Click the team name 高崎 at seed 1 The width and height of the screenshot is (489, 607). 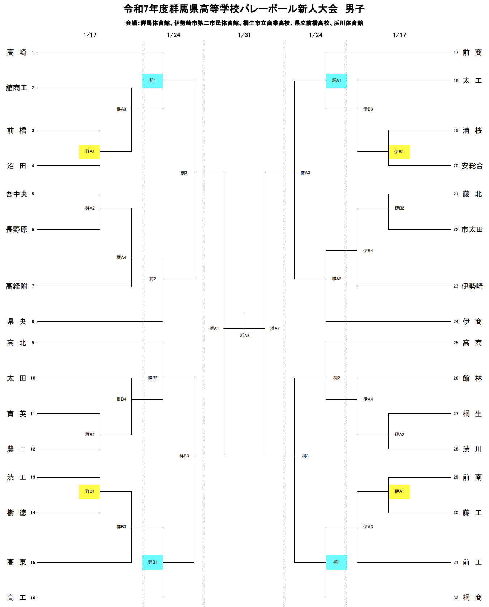coord(17,52)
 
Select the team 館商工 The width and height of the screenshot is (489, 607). coord(17,88)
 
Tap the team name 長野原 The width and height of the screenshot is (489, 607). coord(17,229)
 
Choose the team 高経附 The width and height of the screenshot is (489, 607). coord(17,286)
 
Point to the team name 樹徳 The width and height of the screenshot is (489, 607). coord(17,513)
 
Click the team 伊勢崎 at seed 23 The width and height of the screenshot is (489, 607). coord(472,286)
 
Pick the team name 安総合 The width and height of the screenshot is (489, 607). coord(472,166)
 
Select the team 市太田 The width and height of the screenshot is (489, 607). coord(472,229)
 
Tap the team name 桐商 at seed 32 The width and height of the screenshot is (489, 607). coord(472,598)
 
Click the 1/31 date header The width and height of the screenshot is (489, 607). coord(244,35)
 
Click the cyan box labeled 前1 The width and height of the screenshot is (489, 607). coord(152,81)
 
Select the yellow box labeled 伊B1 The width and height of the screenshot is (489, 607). coord(399,152)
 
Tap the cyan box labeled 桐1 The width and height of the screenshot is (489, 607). coord(336,562)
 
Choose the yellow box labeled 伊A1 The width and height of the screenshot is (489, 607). coord(399,491)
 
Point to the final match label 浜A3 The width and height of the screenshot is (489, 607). coord(245,336)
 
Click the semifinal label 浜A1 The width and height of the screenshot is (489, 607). coord(214,328)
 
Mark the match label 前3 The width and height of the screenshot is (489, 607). coord(184,173)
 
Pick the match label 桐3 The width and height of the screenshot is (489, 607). coord(305,456)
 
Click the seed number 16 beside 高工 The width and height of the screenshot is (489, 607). coord(33,598)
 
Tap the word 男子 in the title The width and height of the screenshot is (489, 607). coord(355,9)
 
